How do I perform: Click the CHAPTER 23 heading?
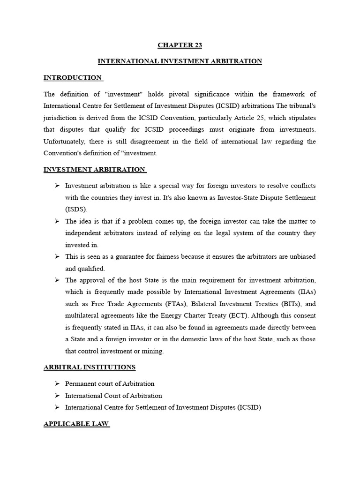(x=180, y=45)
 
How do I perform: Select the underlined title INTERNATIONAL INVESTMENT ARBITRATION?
(x=180, y=61)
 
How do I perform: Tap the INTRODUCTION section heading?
(x=73, y=77)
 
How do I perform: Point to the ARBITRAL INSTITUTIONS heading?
(x=90, y=367)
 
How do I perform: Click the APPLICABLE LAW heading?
(x=76, y=424)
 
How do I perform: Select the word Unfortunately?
(x=64, y=141)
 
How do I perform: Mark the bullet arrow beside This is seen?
(x=57, y=256)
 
